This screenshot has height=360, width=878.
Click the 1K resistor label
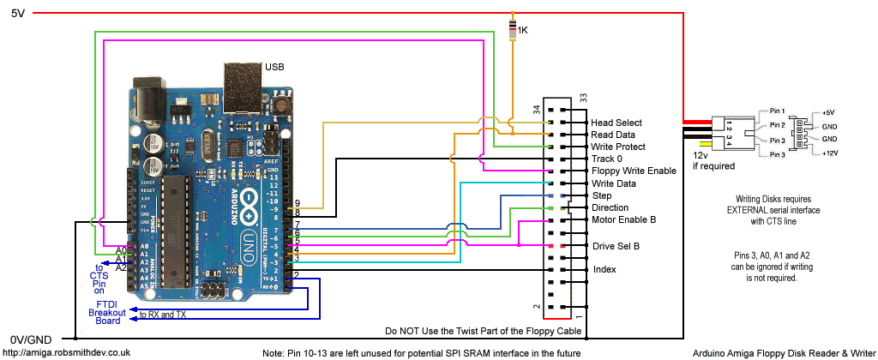coord(523,30)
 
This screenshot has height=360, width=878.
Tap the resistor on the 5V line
coord(513,30)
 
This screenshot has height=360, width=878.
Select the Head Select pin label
coord(616,123)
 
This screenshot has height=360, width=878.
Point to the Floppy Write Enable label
coord(633,171)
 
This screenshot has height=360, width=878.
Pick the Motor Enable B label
coord(623,219)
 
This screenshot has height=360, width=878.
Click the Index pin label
coord(604,269)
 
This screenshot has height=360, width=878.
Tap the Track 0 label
coord(608,159)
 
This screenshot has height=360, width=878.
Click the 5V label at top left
coord(18,13)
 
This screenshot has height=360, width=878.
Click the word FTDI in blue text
coord(106,304)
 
